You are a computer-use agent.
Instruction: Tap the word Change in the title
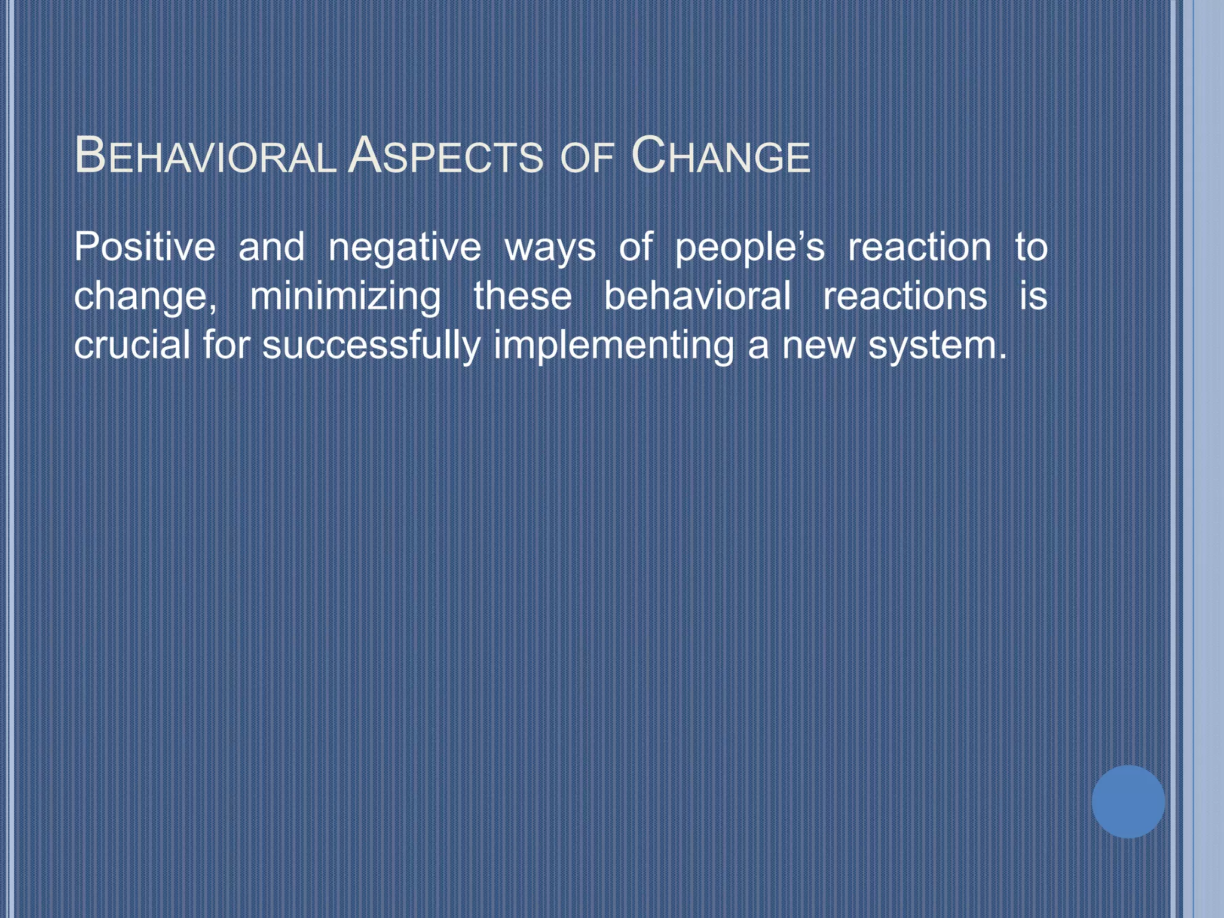click(721, 157)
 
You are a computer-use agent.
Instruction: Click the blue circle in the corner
click(1128, 801)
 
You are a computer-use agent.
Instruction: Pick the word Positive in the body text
click(145, 247)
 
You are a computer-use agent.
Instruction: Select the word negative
click(405, 248)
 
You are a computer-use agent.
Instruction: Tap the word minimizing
click(345, 297)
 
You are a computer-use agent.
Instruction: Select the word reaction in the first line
click(920, 247)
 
